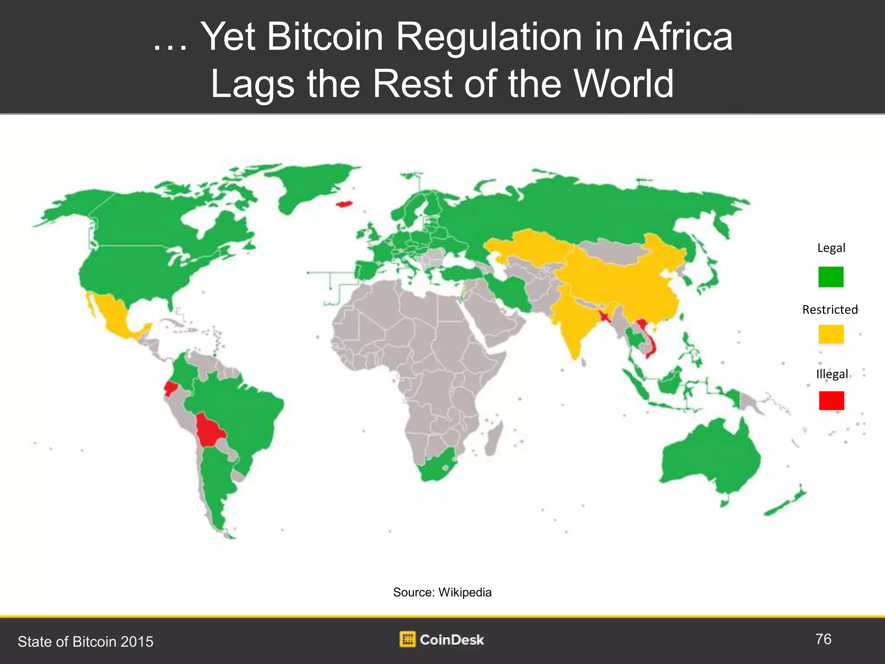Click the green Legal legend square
(x=831, y=277)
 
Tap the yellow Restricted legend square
(x=831, y=334)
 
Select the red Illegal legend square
(x=831, y=400)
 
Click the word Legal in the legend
(x=831, y=248)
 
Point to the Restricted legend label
(x=830, y=310)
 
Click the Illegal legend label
(x=832, y=374)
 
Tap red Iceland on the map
(x=344, y=203)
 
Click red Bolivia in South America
(x=209, y=430)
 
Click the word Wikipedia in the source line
(x=465, y=592)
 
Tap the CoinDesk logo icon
(x=407, y=639)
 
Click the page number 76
(x=823, y=639)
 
